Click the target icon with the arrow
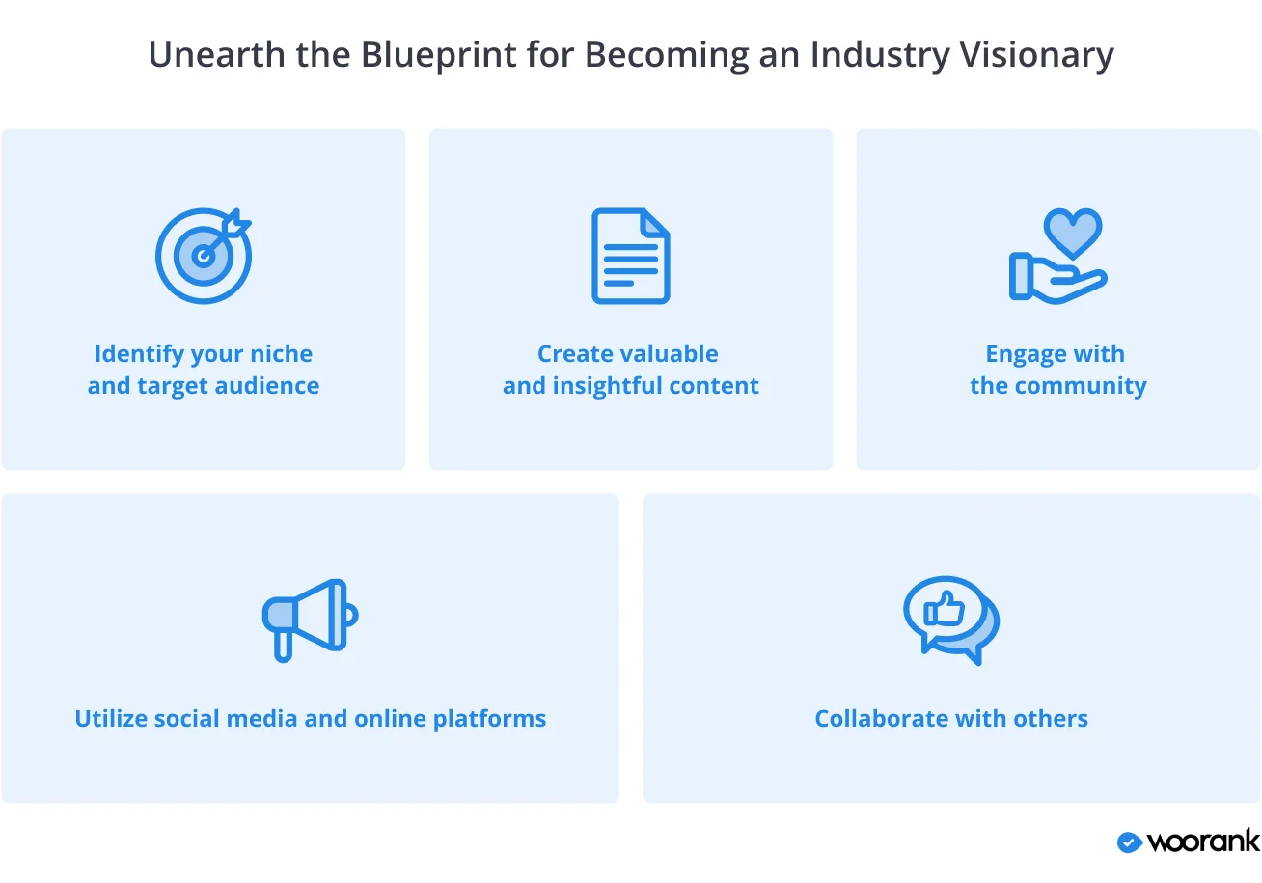(x=204, y=255)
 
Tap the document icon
(x=630, y=256)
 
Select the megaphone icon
(x=310, y=619)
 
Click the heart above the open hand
(x=1073, y=232)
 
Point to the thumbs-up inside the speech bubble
(x=945, y=610)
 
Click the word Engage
(x=1020, y=355)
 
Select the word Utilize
(x=111, y=719)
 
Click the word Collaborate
(x=872, y=719)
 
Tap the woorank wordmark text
(x=1203, y=842)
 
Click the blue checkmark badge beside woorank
(x=1129, y=842)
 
